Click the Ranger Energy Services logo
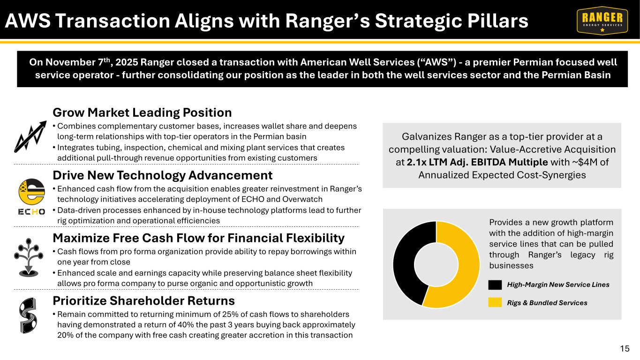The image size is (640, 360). pyautogui.click(x=602, y=21)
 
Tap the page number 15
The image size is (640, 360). pyautogui.click(x=625, y=349)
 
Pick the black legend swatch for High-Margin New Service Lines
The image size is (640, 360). pyautogui.click(x=495, y=285)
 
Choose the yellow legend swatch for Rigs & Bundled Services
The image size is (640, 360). pyautogui.click(x=495, y=302)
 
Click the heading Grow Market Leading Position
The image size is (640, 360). pyautogui.click(x=142, y=112)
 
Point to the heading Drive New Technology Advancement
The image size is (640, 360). pyautogui.click(x=163, y=175)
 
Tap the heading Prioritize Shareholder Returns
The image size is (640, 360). pyautogui.click(x=144, y=300)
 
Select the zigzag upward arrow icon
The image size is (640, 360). pyautogui.click(x=30, y=136)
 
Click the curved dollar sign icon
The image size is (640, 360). pyautogui.click(x=28, y=315)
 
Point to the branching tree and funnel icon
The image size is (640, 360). pyautogui.click(x=28, y=257)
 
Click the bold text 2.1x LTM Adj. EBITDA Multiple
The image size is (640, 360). pyautogui.click(x=477, y=162)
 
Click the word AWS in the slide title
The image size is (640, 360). pyautogui.click(x=28, y=21)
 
